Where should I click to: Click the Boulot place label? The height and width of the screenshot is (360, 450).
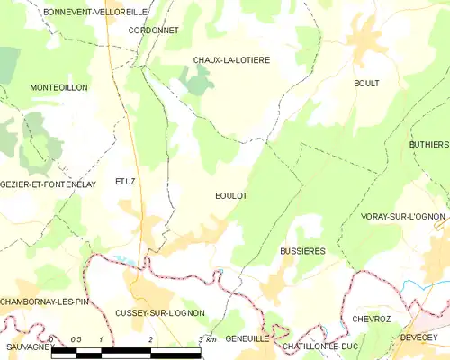pos(231,195)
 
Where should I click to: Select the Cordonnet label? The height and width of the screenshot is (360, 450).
pos(153,30)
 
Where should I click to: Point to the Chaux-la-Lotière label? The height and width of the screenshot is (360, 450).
pos(231,60)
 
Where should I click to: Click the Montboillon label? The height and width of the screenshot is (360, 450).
pos(58,87)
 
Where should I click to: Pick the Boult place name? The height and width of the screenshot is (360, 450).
pos(366,83)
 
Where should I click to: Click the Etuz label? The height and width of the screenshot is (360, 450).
pos(125,181)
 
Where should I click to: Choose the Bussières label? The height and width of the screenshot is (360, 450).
pos(301,252)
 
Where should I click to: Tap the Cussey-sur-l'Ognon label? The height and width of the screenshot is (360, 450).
pos(160,312)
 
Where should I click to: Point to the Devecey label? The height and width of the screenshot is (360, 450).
pos(418,338)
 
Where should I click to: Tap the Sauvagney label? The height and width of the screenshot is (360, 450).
pos(25,346)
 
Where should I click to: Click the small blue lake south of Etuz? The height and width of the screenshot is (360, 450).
pos(125,260)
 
